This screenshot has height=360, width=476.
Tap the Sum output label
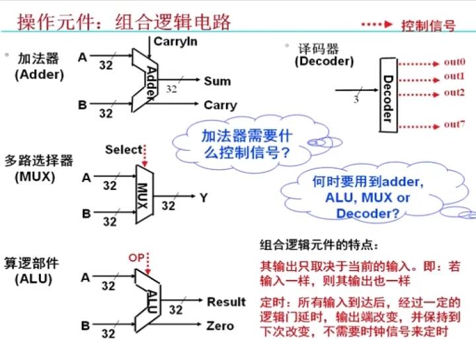(217, 81)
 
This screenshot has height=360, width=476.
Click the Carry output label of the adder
(219, 105)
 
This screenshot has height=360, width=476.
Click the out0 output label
(454, 62)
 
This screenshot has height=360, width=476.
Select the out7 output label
(454, 124)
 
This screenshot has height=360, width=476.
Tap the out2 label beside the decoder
(454, 92)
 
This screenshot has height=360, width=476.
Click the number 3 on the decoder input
(356, 100)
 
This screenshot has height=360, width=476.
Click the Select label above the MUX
(124, 150)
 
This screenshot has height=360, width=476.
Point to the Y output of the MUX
(203, 197)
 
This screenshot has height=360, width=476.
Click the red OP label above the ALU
(136, 257)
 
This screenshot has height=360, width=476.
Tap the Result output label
(226, 302)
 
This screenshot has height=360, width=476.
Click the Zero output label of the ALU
(219, 326)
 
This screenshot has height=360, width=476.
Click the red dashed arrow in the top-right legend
(378, 24)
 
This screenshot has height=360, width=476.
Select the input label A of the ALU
(85, 278)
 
